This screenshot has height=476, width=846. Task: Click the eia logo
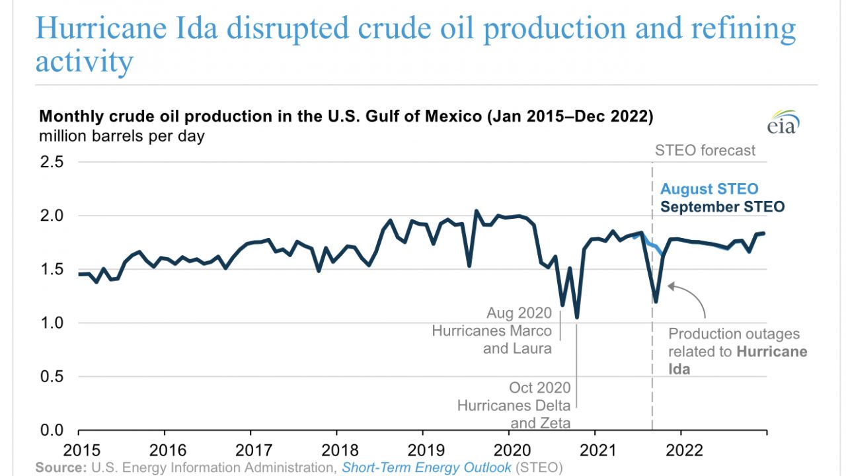tap(783, 122)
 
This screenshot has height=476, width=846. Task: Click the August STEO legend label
tap(709, 189)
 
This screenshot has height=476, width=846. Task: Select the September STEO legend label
tap(722, 207)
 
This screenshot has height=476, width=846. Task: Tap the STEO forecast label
tap(705, 151)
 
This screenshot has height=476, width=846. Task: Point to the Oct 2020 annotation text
tap(539, 387)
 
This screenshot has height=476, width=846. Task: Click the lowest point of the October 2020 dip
tap(577, 317)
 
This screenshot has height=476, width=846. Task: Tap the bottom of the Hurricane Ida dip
tap(655, 301)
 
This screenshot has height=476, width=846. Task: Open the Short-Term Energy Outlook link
tap(426, 467)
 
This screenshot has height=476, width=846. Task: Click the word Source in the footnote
tap(59, 467)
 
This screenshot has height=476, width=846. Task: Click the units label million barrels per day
tap(122, 137)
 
